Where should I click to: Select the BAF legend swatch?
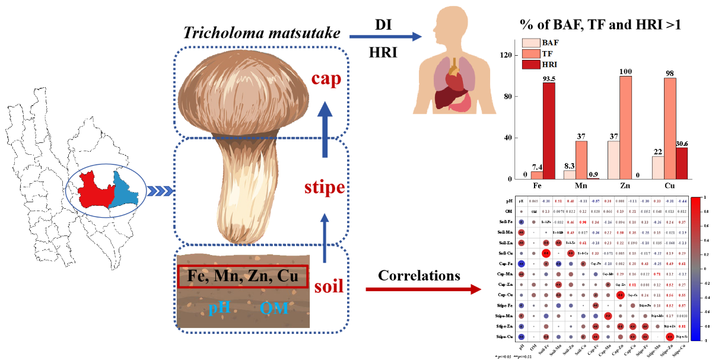click(x=530, y=43)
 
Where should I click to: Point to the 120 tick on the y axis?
click(x=506, y=55)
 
